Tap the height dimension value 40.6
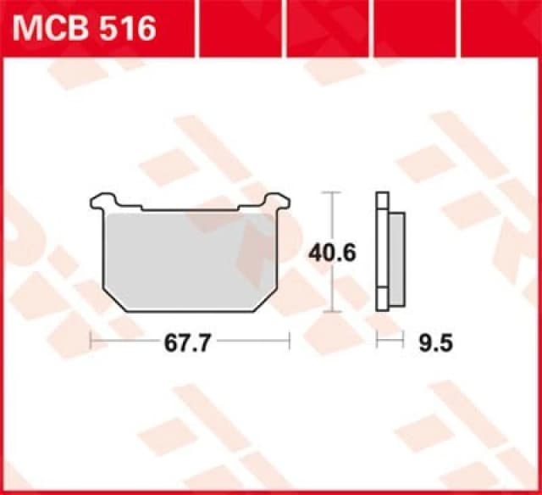(325, 253)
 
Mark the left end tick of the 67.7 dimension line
(91, 342)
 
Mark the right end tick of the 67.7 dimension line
(290, 342)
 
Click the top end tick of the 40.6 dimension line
(332, 193)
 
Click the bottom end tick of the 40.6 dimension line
(332, 311)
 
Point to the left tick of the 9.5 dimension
(378, 342)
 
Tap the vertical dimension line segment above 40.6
(332, 216)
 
